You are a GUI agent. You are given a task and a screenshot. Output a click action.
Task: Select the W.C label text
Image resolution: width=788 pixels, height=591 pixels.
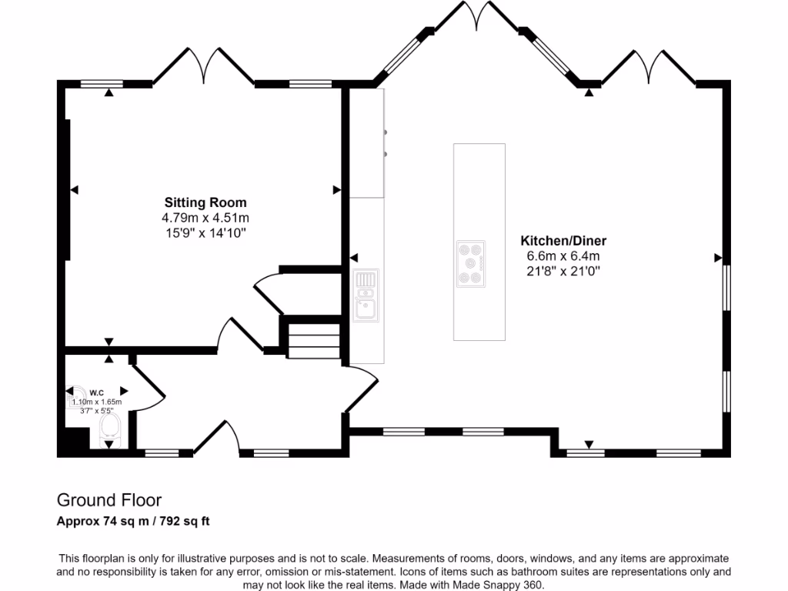coord(96,392)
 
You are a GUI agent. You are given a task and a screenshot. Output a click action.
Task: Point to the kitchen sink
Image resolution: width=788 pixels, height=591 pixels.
coord(366,295)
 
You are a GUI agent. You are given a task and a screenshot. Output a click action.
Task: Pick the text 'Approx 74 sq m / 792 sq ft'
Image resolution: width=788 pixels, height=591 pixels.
coord(134,522)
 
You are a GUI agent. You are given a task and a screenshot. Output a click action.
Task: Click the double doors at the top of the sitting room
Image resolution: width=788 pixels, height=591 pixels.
coord(203,67)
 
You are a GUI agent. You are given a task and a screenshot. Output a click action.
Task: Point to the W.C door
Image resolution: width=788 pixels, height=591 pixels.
coord(148,382)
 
